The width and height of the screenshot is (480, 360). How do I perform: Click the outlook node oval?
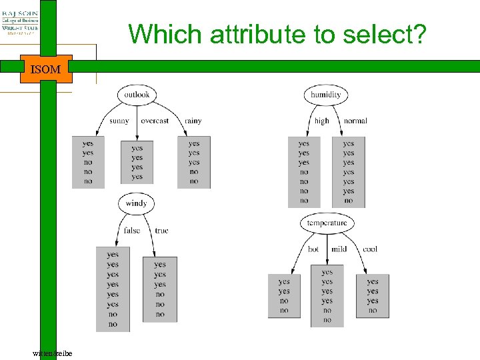point(137,95)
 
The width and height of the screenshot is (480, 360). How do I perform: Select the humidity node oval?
point(326,95)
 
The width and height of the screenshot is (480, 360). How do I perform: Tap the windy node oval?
point(136,203)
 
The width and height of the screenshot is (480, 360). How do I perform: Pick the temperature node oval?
point(327,223)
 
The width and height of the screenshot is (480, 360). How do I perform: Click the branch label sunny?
point(119,121)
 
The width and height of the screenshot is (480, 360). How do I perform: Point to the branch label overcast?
point(155,121)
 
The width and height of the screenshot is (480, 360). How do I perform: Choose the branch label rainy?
point(193,121)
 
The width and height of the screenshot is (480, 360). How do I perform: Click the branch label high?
point(322,121)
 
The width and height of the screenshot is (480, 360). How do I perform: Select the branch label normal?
point(355,121)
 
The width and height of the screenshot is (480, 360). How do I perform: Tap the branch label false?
point(132,231)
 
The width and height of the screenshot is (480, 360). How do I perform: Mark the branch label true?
point(161,231)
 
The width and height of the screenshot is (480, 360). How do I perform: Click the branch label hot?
point(313,249)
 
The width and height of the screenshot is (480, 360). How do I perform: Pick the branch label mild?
point(339,249)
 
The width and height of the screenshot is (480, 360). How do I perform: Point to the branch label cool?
point(370,249)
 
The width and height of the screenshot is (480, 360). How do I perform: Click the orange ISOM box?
point(46,69)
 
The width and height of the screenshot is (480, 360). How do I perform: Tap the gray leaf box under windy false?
point(113,289)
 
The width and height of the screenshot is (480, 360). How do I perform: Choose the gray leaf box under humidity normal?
point(349,171)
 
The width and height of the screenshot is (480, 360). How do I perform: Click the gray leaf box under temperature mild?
point(327,296)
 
